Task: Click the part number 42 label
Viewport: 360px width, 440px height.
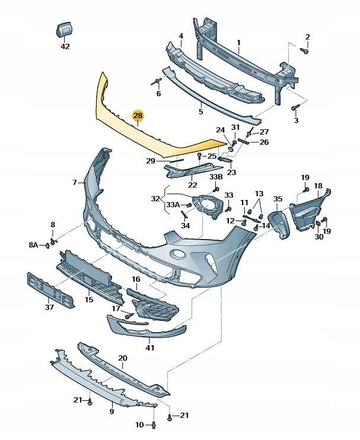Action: (x=65, y=46)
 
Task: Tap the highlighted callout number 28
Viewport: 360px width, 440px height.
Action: (x=138, y=116)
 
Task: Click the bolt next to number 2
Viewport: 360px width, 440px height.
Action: (x=306, y=51)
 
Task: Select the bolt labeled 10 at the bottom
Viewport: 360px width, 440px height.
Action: (x=154, y=424)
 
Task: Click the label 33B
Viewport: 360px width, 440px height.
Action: (x=216, y=177)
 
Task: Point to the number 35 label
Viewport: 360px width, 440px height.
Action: (x=278, y=199)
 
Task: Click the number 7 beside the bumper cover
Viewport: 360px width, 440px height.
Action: (x=75, y=183)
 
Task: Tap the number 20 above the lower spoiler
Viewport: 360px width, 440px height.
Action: (x=123, y=358)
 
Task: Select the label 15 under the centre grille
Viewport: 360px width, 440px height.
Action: (x=89, y=300)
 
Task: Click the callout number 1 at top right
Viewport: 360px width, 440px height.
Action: (x=238, y=43)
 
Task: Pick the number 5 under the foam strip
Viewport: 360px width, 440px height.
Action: (x=200, y=111)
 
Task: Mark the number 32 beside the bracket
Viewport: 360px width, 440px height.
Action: (x=155, y=199)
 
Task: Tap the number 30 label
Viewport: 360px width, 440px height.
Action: (x=319, y=237)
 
